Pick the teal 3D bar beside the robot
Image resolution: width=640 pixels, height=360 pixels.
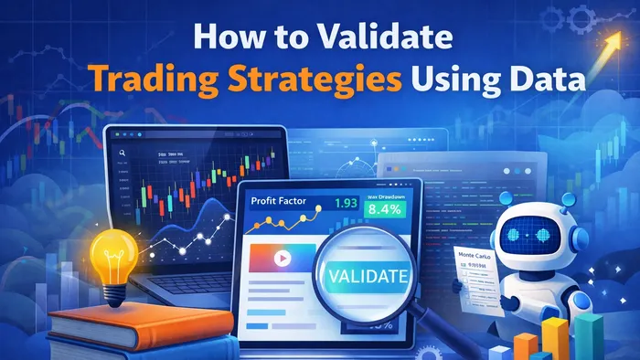[598, 339]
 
